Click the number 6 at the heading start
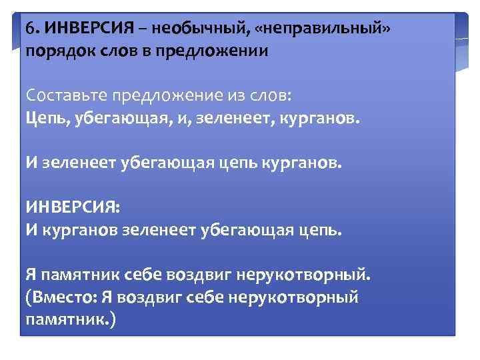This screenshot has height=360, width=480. [x=31, y=30]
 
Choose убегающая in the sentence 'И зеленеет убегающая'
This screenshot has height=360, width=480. [x=163, y=162]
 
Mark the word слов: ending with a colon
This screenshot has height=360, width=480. [x=268, y=95]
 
